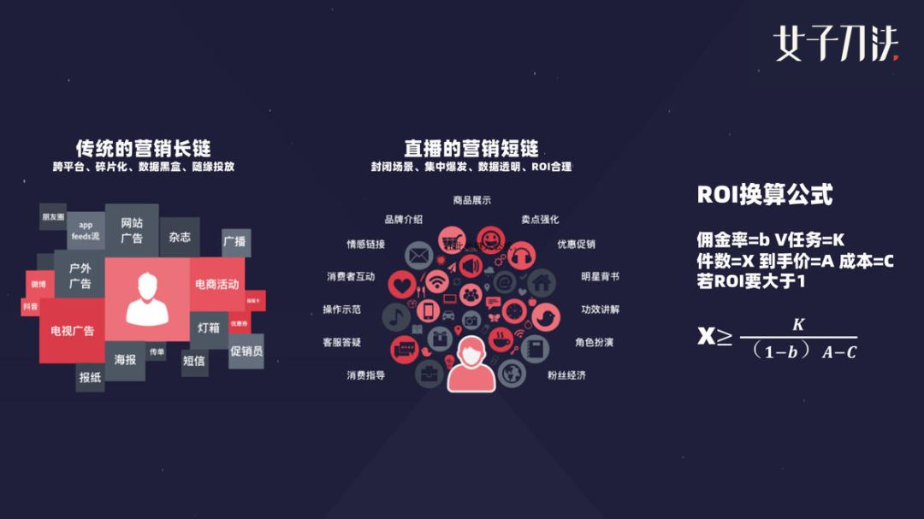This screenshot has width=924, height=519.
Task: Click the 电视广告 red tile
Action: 72,330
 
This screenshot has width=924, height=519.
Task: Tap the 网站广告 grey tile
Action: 132,230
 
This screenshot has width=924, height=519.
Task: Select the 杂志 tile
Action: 180,237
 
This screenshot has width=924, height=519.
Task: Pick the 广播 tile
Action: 235,242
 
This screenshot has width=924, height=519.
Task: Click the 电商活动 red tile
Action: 217,284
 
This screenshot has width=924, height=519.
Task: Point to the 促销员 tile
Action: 246,351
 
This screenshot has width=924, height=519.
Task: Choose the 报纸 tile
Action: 90,376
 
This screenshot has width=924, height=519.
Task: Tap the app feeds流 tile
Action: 86,230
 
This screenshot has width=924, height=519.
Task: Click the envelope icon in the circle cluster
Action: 418,254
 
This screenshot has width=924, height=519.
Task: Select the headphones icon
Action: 524,254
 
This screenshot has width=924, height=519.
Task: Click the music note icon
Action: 395,317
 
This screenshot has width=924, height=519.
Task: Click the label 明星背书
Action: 600,277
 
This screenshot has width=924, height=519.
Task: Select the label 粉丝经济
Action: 566,375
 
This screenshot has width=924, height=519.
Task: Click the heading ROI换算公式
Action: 764,195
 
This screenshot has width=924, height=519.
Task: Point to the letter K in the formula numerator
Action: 797,324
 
